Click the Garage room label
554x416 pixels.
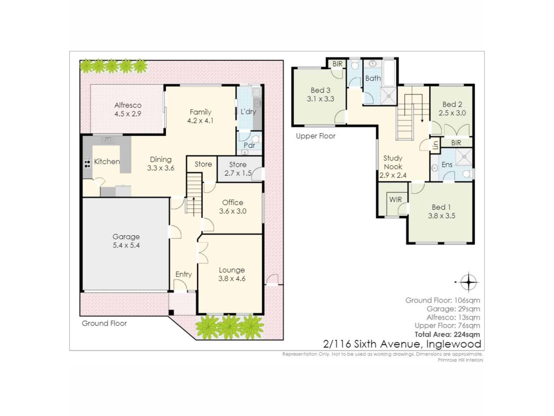126,237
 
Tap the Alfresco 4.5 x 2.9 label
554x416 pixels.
128,109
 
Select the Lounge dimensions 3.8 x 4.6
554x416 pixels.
232,279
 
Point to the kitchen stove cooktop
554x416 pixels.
87,163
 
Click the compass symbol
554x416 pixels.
469,282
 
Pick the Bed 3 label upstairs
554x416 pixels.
320,90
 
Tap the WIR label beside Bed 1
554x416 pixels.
395,200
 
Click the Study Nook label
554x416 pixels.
393,162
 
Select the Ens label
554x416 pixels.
447,165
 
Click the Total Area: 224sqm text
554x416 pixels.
447,335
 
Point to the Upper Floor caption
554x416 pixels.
316,136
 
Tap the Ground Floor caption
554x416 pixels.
104,323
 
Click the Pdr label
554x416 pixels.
249,145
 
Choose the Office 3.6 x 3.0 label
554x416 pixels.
233,207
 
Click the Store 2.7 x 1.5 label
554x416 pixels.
238,169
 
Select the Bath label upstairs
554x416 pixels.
373,78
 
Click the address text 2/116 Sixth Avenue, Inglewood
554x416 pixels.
402,344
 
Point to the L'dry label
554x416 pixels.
248,112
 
